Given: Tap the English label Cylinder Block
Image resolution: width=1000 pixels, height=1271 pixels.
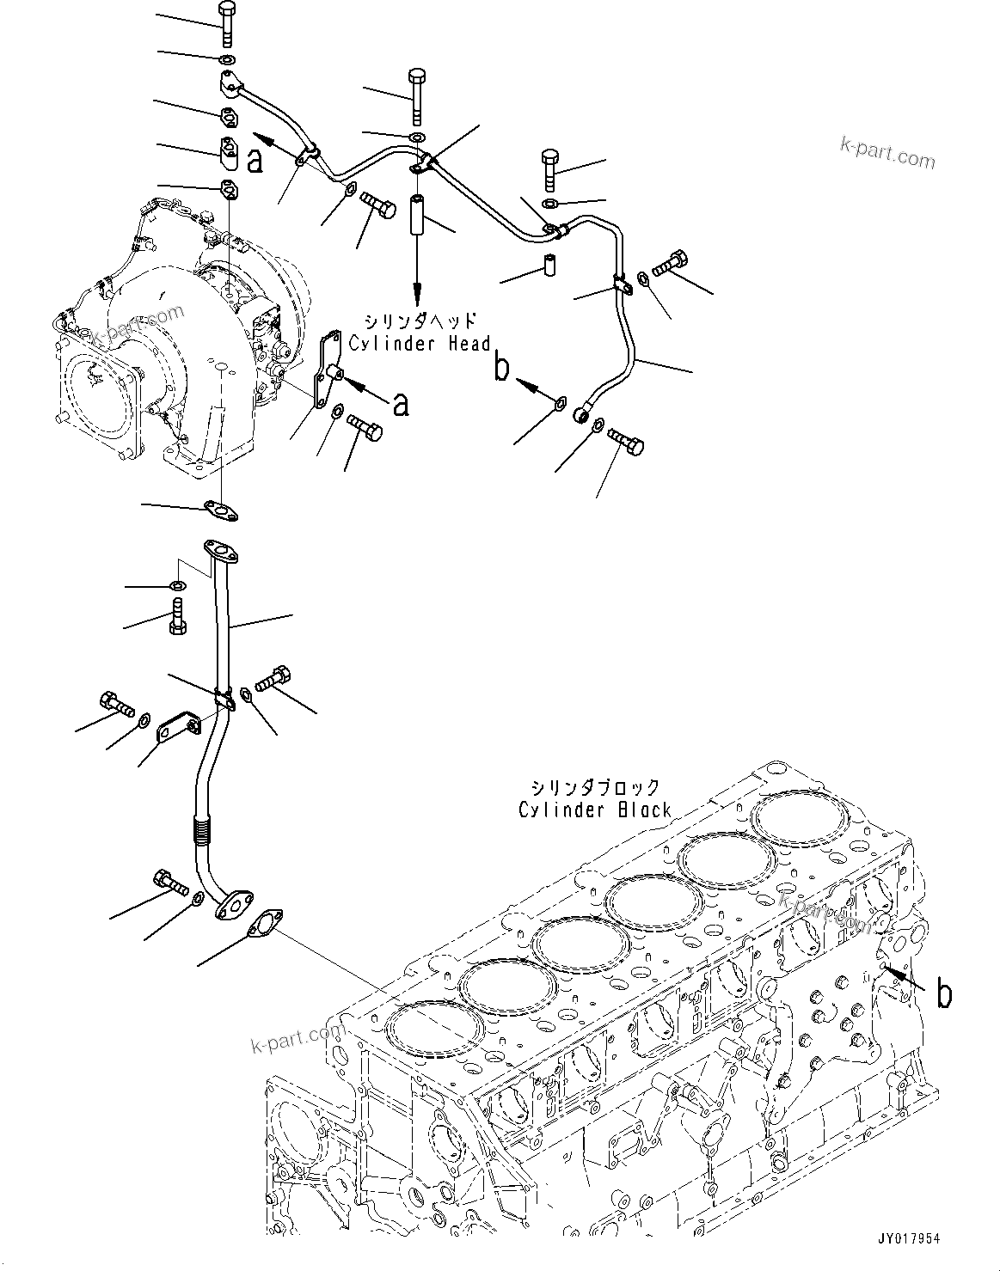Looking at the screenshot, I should pyautogui.click(x=594, y=810).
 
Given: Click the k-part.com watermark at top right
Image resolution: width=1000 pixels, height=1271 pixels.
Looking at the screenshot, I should pyautogui.click(x=887, y=157).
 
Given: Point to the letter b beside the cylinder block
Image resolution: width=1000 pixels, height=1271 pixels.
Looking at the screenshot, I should pyautogui.click(x=943, y=993).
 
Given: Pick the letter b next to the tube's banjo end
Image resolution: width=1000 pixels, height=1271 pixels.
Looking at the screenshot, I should pyautogui.click(x=501, y=368).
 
